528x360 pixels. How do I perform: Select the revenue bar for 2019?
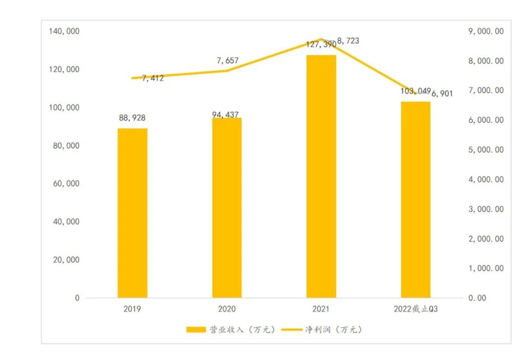click(x=132, y=213)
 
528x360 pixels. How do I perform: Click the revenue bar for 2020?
click(x=226, y=207)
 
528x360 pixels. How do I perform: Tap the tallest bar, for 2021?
click(x=321, y=176)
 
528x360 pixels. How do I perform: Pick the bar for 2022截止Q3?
click(x=416, y=200)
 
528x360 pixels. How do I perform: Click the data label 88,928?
click(x=132, y=118)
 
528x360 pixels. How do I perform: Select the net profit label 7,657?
click(x=227, y=61)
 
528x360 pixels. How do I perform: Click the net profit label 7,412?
click(x=153, y=78)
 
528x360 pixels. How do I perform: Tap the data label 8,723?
click(x=348, y=41)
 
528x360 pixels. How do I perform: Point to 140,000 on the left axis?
click(x=64, y=31)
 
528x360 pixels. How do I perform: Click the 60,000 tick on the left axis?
click(x=66, y=183)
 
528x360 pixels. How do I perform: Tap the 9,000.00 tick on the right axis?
click(x=486, y=31)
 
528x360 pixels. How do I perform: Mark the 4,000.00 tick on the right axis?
click(x=486, y=180)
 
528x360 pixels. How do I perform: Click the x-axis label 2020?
click(x=226, y=309)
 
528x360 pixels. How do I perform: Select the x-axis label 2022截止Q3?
click(x=418, y=309)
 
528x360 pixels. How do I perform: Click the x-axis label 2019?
click(x=132, y=309)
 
